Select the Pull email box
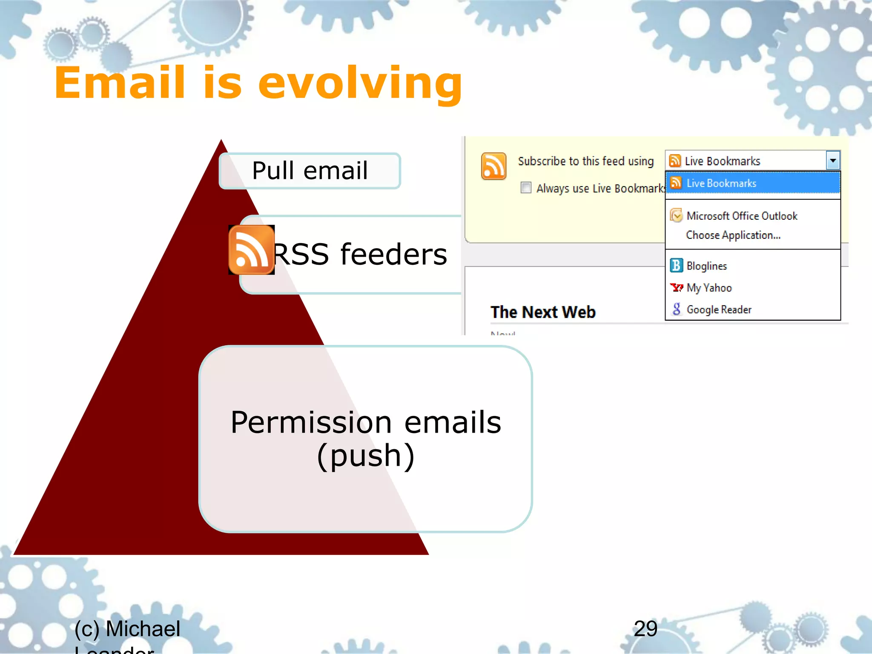click(x=310, y=171)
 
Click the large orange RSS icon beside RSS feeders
click(x=251, y=250)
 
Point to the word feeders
click(x=393, y=254)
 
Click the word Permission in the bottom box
click(x=311, y=422)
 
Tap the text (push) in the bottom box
click(x=366, y=456)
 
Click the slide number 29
click(x=645, y=628)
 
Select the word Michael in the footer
click(x=143, y=629)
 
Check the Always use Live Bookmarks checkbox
click(x=526, y=188)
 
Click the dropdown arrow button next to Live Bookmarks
click(x=833, y=161)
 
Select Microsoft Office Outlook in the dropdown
click(x=742, y=216)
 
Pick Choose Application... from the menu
click(x=733, y=235)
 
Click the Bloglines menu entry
click(x=706, y=266)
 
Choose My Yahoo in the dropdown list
click(x=709, y=288)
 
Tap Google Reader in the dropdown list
click(x=719, y=310)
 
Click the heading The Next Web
click(x=543, y=312)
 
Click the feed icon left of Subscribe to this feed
click(x=493, y=166)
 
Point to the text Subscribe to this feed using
click(x=585, y=161)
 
